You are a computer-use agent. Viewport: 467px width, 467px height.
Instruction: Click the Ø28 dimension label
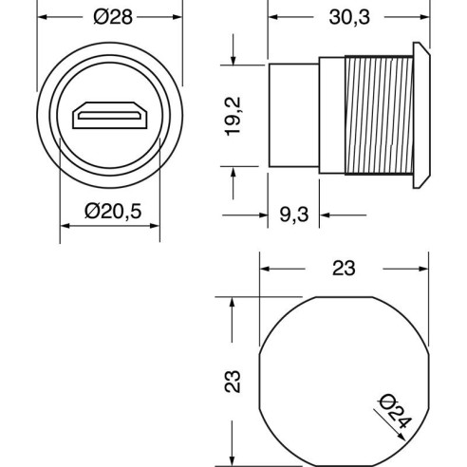pyautogui.click(x=113, y=17)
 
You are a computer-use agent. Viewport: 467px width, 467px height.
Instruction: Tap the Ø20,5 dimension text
pyautogui.click(x=113, y=211)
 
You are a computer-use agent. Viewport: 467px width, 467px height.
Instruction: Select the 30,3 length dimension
pyautogui.click(x=349, y=17)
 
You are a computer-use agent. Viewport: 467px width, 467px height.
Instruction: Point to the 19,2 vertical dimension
pyautogui.click(x=233, y=117)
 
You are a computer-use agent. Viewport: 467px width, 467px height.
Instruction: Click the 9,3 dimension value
pyautogui.click(x=294, y=215)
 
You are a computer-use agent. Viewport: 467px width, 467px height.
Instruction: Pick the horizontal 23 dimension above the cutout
pyautogui.click(x=344, y=269)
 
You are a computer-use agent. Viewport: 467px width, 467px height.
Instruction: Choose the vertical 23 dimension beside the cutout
pyautogui.click(x=233, y=382)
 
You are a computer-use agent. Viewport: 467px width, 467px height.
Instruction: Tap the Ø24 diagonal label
pyautogui.click(x=396, y=411)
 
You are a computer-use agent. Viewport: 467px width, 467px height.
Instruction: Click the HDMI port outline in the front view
pyautogui.click(x=110, y=115)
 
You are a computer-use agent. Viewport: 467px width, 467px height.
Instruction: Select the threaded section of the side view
pyautogui.click(x=379, y=115)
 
